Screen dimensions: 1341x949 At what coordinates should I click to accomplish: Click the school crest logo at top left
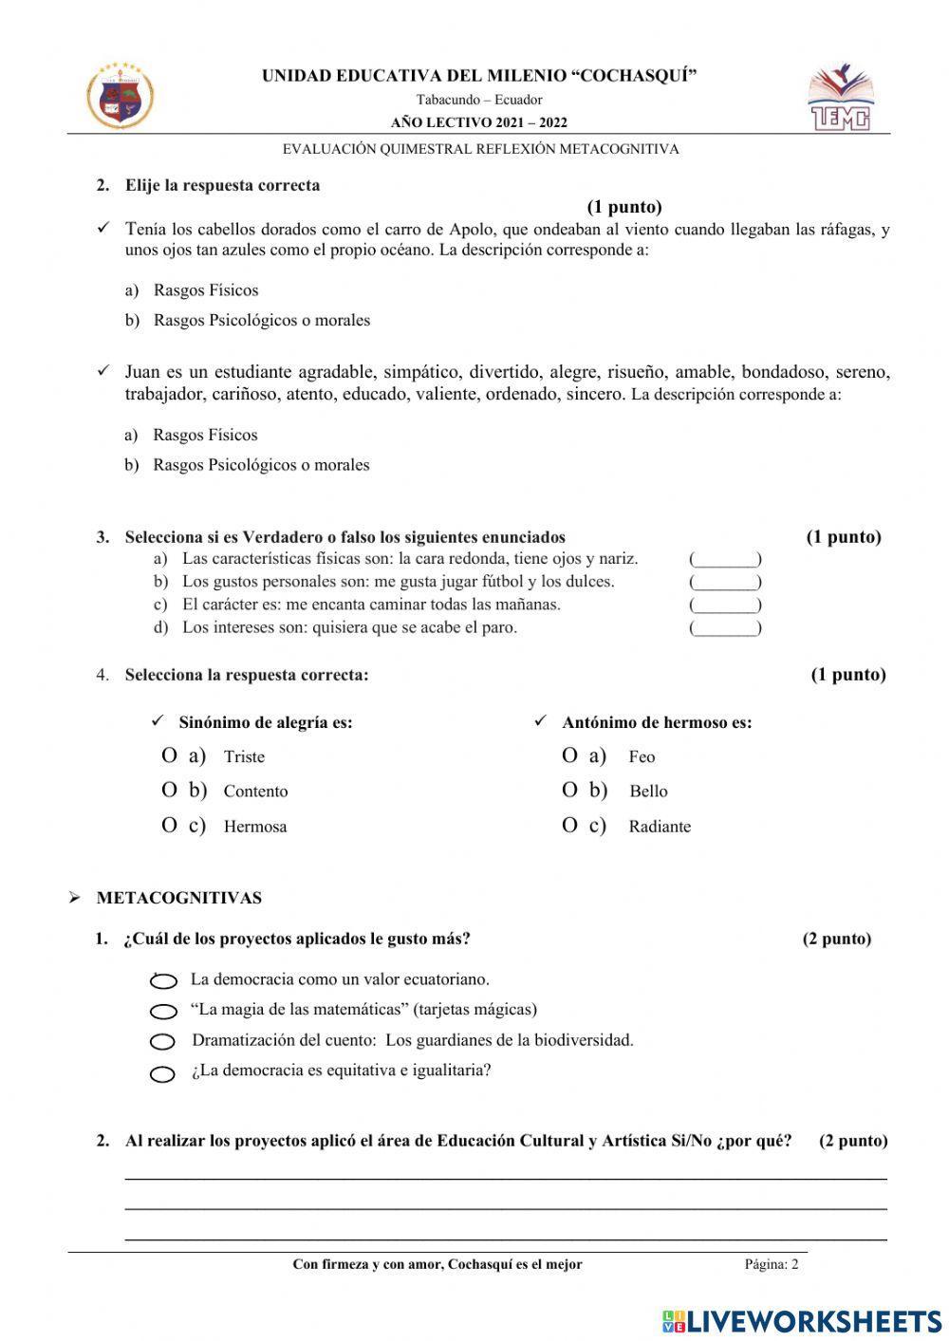tap(121, 96)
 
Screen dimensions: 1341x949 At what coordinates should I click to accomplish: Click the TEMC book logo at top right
tap(839, 98)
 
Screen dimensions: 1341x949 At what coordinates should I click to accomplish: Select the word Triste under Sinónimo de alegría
tap(244, 757)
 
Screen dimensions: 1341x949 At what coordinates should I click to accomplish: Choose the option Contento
tap(255, 792)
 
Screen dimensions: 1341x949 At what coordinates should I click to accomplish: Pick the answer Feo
tap(642, 757)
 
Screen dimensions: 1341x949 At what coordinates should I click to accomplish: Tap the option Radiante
tap(660, 827)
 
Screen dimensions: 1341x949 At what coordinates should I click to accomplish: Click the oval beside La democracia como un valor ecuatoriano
tap(163, 981)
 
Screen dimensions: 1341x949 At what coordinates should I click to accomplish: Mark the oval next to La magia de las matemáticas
tap(163, 1012)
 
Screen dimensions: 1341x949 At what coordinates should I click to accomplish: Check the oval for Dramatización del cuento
tap(163, 1042)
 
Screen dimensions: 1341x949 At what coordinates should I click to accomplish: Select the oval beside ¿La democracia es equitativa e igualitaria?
tap(163, 1074)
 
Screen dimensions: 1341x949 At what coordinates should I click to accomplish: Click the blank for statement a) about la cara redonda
tap(725, 560)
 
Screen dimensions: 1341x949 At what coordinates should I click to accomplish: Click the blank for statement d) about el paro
tap(725, 628)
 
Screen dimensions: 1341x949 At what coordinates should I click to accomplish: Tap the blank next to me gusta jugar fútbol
tap(725, 583)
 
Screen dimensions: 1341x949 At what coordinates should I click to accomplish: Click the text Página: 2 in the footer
tap(772, 1264)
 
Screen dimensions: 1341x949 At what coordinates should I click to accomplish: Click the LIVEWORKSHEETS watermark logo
tap(802, 1321)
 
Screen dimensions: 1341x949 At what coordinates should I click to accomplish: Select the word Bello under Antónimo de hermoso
tap(648, 792)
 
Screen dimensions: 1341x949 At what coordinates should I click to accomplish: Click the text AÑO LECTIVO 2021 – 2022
tap(479, 122)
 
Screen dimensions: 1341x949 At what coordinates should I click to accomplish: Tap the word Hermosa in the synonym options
tap(255, 827)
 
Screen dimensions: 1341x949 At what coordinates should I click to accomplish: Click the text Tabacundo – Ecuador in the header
tap(479, 100)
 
